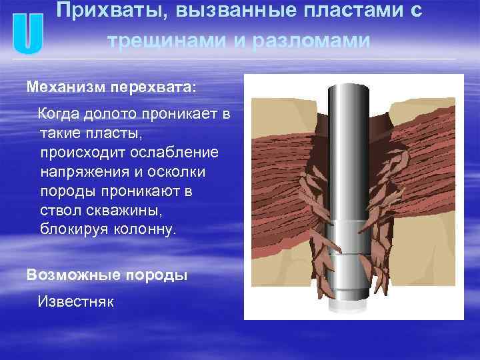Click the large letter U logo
click(27, 35)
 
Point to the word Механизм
click(57, 87)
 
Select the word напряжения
click(85, 172)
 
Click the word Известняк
click(76, 301)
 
